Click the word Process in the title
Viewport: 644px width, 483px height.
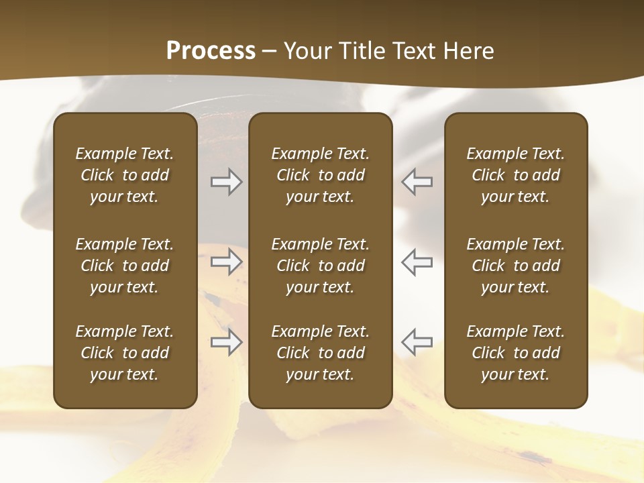click(x=211, y=51)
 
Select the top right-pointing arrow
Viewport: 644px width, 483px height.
click(x=227, y=182)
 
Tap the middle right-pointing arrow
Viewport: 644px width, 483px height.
click(x=227, y=262)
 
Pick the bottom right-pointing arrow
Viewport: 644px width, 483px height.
click(x=227, y=342)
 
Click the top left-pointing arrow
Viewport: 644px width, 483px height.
click(x=417, y=182)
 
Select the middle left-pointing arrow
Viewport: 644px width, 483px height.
click(x=417, y=262)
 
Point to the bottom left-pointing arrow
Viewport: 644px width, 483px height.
click(x=417, y=342)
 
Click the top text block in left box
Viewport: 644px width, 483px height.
click(x=125, y=175)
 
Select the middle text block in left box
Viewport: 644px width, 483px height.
click(x=125, y=266)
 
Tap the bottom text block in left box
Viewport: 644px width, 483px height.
click(x=125, y=353)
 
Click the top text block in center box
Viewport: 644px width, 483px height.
click(x=320, y=175)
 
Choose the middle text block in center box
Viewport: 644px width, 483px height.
click(x=320, y=266)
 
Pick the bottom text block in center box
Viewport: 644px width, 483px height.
click(x=320, y=353)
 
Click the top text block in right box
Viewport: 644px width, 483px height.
click(x=515, y=175)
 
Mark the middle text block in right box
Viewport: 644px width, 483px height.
click(x=515, y=266)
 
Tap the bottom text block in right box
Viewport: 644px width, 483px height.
click(x=515, y=353)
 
